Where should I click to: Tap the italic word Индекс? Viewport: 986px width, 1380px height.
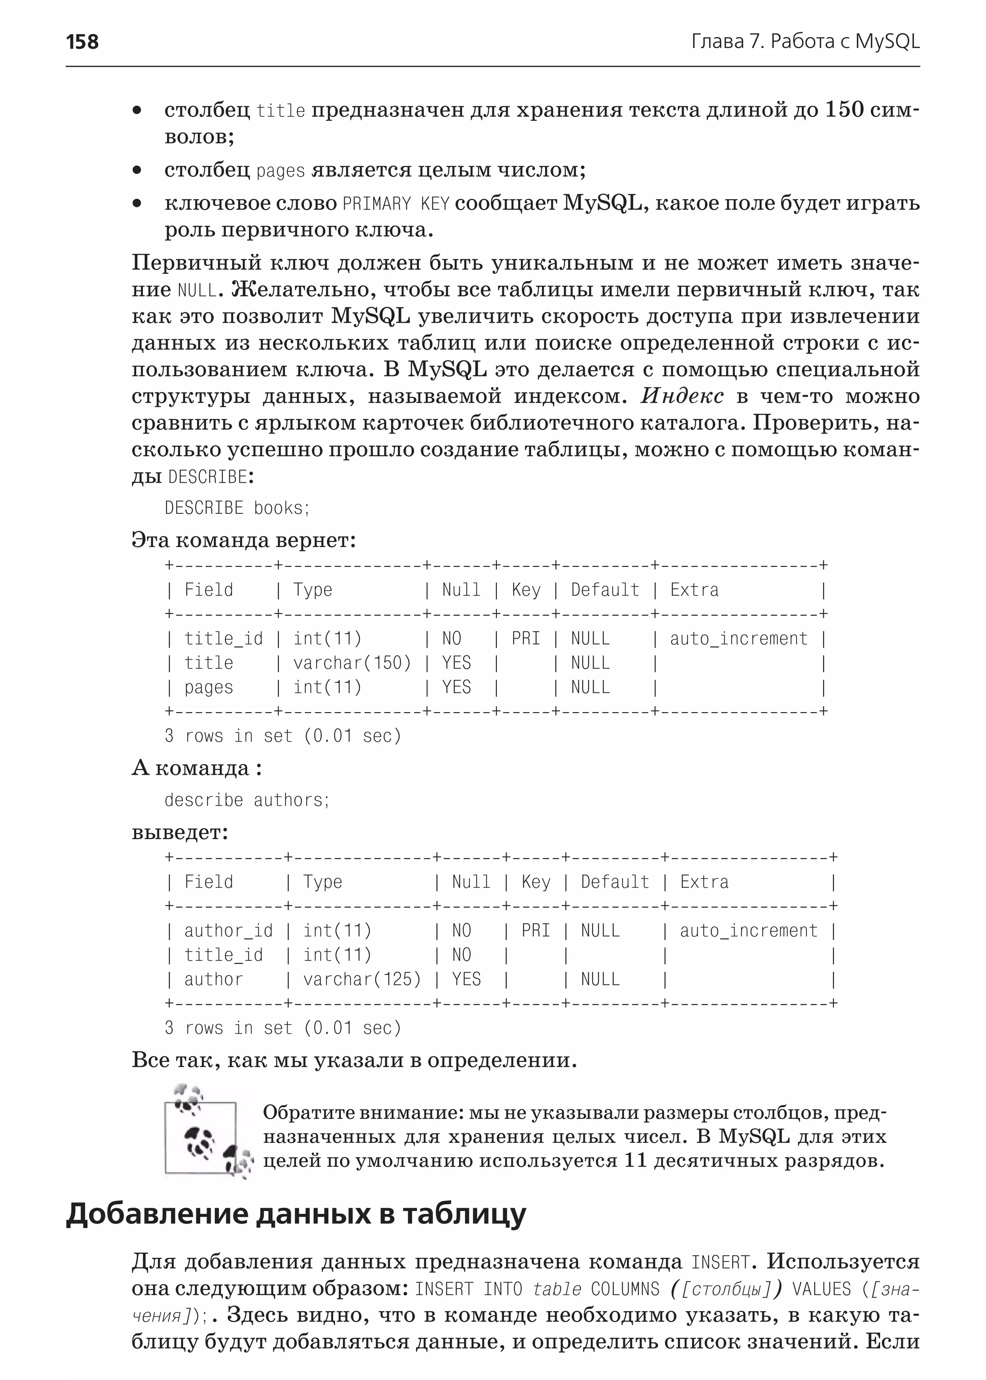pos(682,396)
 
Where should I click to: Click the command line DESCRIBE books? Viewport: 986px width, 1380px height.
pos(237,508)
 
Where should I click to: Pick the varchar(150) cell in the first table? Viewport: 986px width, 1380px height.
pos(351,663)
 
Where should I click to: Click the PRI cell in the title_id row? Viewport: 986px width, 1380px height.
pos(525,639)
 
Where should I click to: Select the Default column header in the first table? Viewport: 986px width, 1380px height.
pos(605,590)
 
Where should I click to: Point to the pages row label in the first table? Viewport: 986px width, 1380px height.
pos(208,688)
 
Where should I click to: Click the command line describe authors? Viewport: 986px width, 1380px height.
pos(246,800)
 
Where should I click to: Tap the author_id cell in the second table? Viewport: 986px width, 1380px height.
pos(228,931)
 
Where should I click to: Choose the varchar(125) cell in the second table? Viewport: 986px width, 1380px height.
pos(362,980)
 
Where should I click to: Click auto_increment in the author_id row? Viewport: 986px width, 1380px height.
pos(748,931)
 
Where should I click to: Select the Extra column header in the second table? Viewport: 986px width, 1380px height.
pos(704,882)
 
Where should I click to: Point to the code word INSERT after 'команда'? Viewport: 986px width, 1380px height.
pos(720,1262)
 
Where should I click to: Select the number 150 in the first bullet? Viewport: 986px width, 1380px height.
pos(844,110)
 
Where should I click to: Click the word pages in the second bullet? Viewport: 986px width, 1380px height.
pos(281,170)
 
